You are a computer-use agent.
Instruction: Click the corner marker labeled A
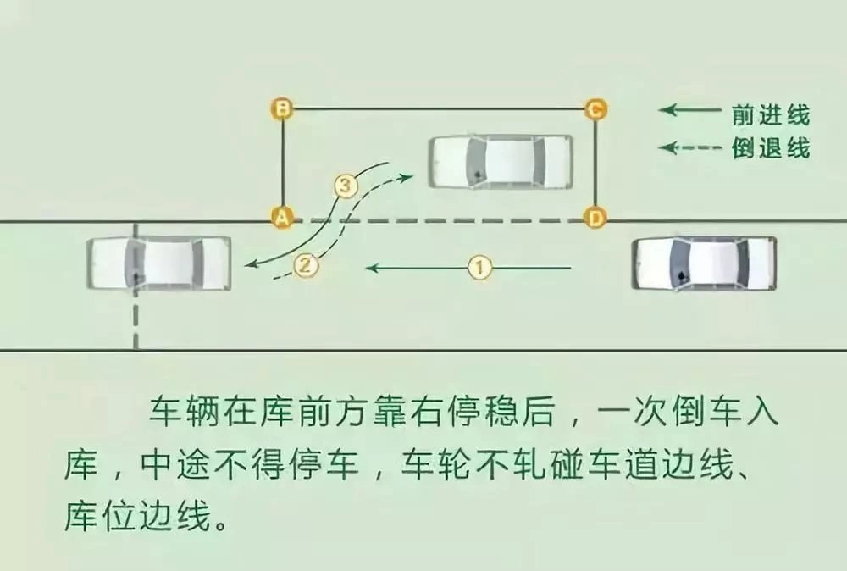(x=281, y=218)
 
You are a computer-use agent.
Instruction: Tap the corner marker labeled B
(x=281, y=108)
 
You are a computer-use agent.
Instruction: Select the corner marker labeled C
(x=595, y=109)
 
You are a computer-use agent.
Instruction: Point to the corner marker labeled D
(x=595, y=218)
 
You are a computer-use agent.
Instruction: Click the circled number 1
(x=479, y=268)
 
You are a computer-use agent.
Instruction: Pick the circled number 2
(x=306, y=266)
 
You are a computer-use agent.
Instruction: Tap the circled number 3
(x=346, y=186)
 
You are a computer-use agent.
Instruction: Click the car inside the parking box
(x=501, y=162)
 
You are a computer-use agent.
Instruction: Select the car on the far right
(x=705, y=263)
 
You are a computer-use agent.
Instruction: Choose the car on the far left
(x=159, y=263)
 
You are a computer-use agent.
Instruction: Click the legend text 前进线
(x=771, y=115)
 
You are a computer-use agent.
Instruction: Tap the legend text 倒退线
(x=771, y=147)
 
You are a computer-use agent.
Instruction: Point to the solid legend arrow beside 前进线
(x=689, y=109)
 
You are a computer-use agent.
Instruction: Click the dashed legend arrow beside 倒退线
(x=689, y=147)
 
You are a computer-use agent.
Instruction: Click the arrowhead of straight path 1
(x=372, y=268)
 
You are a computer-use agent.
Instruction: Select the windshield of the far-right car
(x=680, y=263)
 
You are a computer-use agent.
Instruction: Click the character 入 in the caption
(x=761, y=413)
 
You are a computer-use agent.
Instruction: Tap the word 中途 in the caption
(x=175, y=464)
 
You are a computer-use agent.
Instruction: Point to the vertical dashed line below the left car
(x=136, y=320)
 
